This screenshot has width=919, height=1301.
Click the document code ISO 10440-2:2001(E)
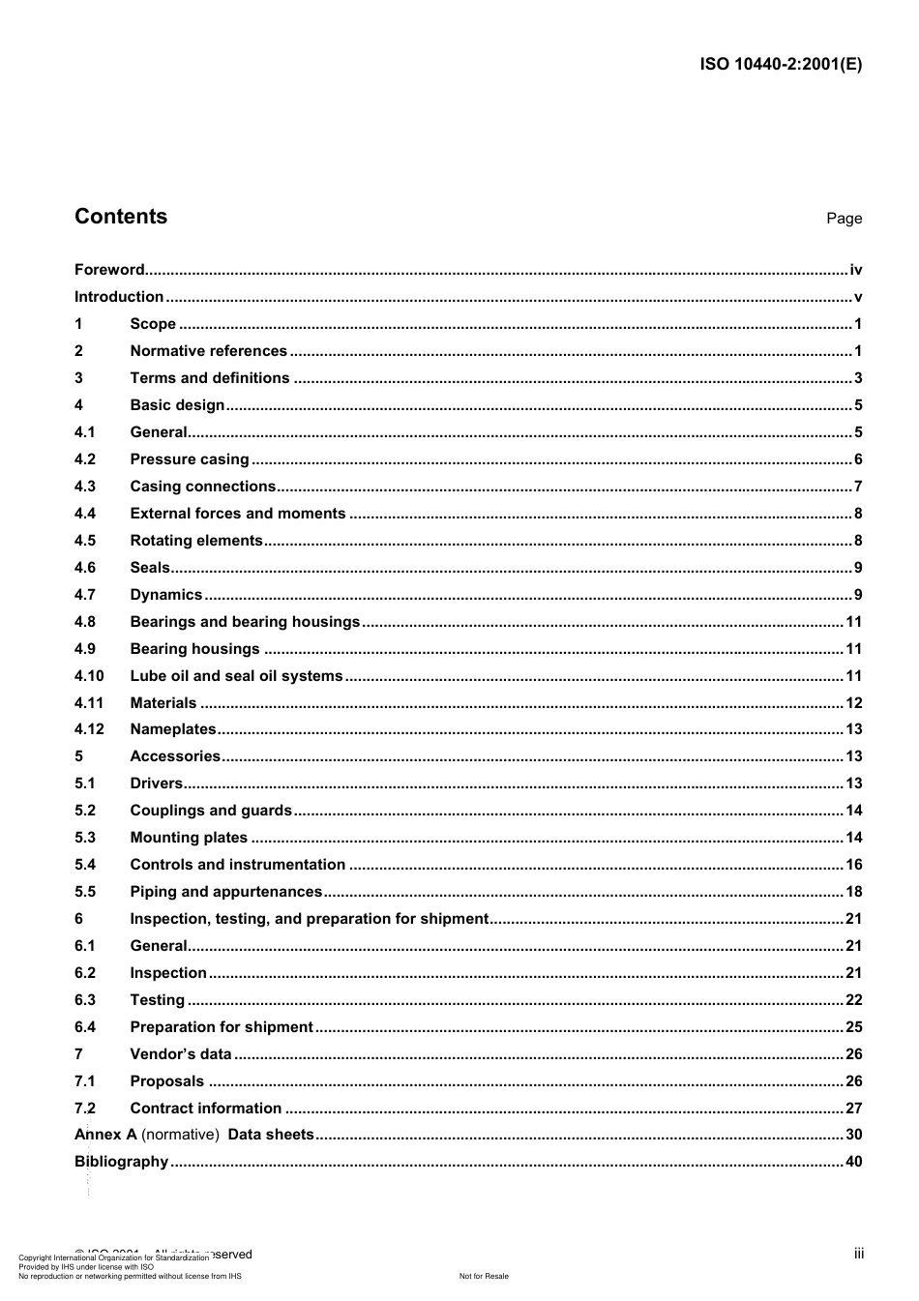click(x=781, y=65)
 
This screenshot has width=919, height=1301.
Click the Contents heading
click(x=121, y=217)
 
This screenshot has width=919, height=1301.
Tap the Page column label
click(x=844, y=219)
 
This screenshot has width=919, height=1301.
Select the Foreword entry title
click(x=109, y=270)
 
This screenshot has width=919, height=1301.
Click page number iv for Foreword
click(x=855, y=270)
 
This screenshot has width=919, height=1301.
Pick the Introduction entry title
click(x=119, y=297)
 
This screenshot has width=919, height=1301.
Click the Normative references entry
click(x=208, y=351)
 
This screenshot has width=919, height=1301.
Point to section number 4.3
click(x=85, y=487)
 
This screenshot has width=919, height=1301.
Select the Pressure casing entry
click(x=190, y=459)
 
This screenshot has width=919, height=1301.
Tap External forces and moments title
click(x=237, y=514)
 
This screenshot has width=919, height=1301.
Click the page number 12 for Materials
click(x=853, y=703)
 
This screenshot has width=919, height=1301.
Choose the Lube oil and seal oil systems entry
click(x=236, y=676)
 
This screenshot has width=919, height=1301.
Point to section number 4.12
click(x=89, y=729)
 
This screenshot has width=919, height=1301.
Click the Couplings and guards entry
click(x=211, y=811)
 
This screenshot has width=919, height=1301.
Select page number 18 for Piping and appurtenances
click(x=853, y=892)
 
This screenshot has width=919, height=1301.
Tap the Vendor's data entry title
click(x=181, y=1054)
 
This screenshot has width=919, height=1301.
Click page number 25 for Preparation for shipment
click(x=853, y=1027)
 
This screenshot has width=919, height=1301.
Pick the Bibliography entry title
click(x=121, y=1162)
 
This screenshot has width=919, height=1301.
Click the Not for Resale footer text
click(x=484, y=1276)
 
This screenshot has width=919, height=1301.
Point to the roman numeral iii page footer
click(x=858, y=1254)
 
